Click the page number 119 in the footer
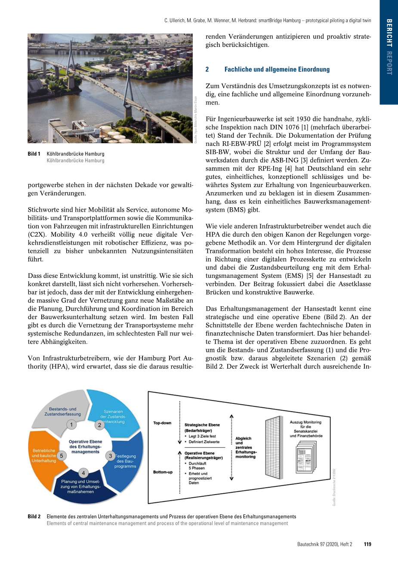click(367, 544)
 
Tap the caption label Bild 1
click(34, 154)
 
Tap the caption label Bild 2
click(34, 517)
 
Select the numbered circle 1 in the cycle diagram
click(71, 425)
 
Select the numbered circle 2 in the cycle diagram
click(100, 425)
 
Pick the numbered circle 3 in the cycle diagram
click(110, 456)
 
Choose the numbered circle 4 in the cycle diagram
click(83, 473)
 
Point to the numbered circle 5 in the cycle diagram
click(62, 456)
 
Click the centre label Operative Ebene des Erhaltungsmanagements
click(85, 446)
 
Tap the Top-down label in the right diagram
click(162, 423)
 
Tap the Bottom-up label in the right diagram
click(163, 472)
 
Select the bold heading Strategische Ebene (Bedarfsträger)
click(202, 428)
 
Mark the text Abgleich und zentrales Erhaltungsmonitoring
click(246, 448)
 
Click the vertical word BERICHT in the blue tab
click(389, 33)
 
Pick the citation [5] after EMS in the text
click(321, 276)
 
